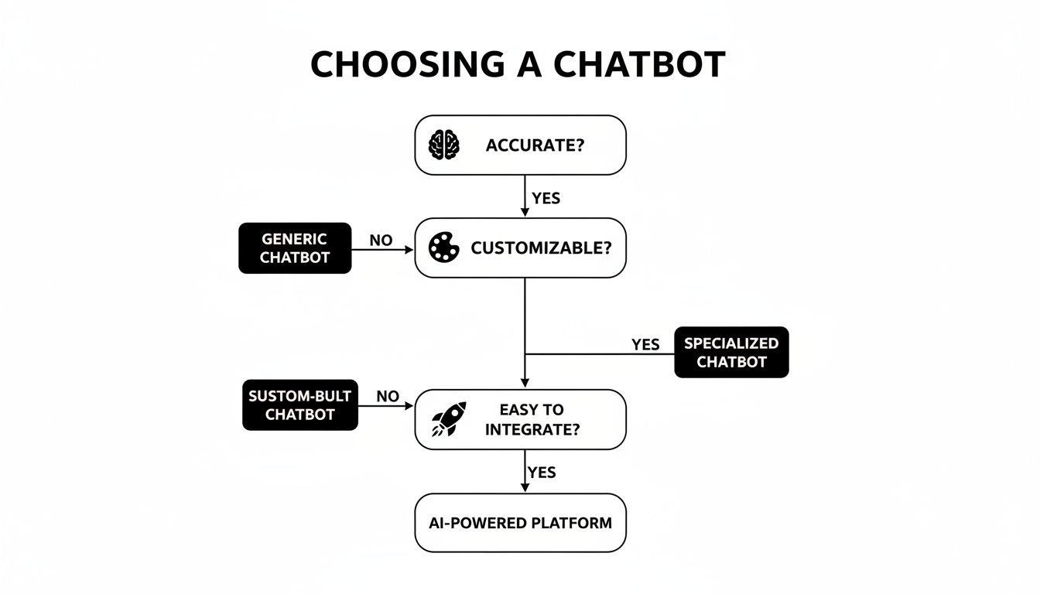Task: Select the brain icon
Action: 444,145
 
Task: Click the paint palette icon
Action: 444,248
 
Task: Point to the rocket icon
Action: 449,419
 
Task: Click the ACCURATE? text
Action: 535,145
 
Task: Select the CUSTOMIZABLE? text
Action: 541,248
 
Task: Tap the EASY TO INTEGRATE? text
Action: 532,419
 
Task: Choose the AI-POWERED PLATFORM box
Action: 520,523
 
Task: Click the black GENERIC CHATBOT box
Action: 294,248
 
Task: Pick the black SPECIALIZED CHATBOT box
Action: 731,352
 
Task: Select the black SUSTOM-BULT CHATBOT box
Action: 300,405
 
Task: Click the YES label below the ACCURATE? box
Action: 546,198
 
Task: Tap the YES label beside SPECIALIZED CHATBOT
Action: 645,344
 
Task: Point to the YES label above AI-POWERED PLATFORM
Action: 542,472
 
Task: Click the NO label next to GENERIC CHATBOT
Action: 381,241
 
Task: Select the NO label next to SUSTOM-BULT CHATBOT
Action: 388,397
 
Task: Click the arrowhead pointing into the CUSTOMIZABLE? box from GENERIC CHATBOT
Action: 409,249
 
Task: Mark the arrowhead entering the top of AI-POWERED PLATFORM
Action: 525,487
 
